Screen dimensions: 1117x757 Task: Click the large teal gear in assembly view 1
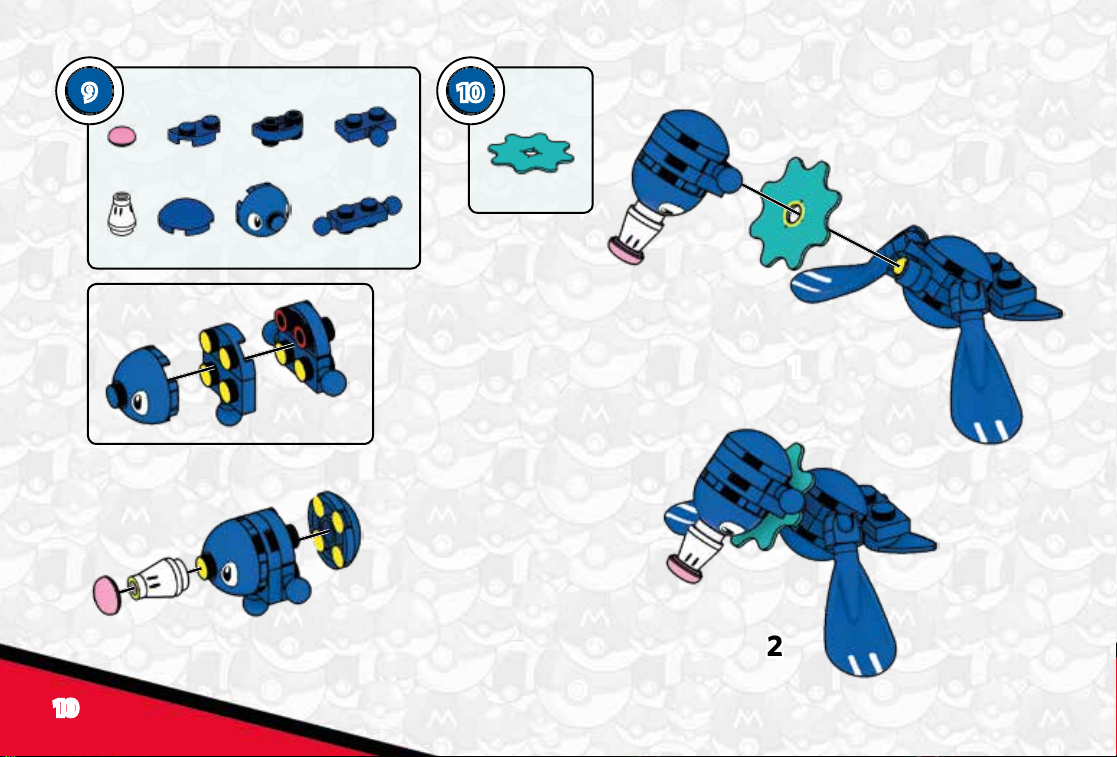[793, 212]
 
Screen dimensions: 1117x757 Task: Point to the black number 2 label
[774, 646]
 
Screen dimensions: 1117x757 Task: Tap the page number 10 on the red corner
[65, 708]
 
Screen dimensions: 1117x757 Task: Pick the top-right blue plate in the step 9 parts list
[366, 128]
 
